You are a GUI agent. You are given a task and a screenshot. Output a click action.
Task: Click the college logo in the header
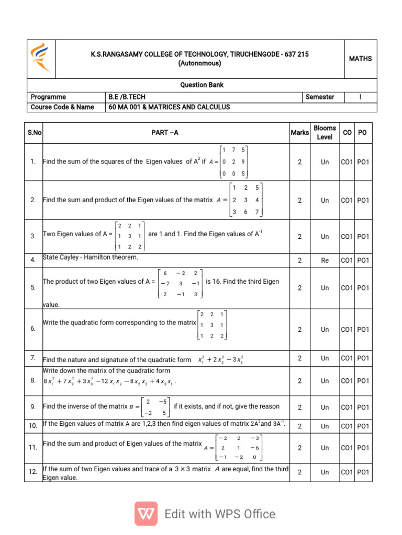point(41,58)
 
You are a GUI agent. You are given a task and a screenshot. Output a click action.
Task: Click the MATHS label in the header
point(360,59)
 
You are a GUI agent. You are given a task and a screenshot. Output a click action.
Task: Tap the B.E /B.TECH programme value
point(126,97)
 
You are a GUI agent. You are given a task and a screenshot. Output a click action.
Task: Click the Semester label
point(320,97)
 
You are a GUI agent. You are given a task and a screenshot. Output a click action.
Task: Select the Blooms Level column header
point(325,133)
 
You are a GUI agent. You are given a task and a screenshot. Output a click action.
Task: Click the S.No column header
point(34,133)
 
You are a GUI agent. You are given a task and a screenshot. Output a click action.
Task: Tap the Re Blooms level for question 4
point(325,260)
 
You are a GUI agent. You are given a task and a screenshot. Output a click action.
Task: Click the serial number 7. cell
point(33,359)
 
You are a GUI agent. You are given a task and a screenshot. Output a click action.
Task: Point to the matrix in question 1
point(233,162)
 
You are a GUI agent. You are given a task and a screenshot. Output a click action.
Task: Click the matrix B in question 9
point(155,406)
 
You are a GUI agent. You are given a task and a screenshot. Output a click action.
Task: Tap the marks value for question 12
point(299,473)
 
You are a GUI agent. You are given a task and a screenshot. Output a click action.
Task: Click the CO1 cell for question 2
point(347,200)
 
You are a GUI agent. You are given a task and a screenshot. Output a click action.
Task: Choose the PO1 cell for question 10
point(363,426)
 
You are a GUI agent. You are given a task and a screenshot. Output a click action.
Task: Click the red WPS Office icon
point(146,514)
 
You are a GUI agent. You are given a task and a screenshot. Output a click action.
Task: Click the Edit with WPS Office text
point(220,514)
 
